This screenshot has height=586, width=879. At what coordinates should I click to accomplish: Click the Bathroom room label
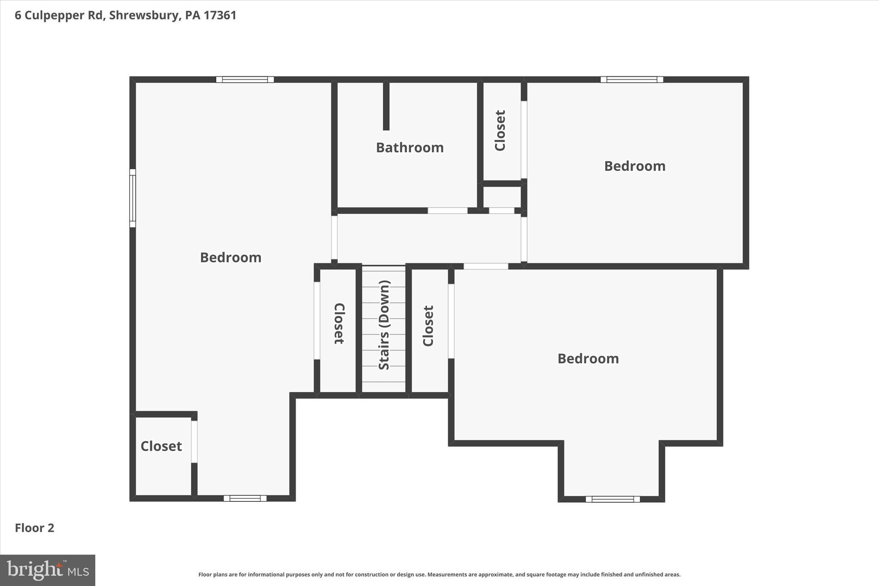[x=409, y=148]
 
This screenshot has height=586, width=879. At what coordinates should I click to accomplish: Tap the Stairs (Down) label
[x=384, y=325]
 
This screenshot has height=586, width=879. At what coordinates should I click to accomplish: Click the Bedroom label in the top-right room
[x=634, y=166]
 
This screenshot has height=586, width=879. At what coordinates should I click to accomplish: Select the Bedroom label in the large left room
[x=230, y=258]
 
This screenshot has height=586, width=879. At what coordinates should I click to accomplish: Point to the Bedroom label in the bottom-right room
[x=588, y=359]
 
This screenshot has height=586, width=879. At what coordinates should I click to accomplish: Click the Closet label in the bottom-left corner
[x=161, y=446]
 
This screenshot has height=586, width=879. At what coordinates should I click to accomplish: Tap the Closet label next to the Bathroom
[x=500, y=131]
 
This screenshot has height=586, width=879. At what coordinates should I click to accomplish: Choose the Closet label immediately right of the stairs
[x=428, y=326]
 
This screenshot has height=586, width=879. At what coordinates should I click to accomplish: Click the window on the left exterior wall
[x=133, y=198]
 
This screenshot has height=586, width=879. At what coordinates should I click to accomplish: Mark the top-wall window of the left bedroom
[x=245, y=79]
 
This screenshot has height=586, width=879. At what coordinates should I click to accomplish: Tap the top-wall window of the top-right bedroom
[x=631, y=79]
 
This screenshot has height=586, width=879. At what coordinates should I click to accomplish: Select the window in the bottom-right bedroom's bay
[x=612, y=499]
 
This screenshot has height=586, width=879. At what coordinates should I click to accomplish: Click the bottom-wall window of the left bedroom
[x=245, y=498]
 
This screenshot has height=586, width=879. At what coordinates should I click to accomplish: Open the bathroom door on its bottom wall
[x=447, y=210]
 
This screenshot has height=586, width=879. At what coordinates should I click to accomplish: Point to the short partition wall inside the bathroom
[x=386, y=105]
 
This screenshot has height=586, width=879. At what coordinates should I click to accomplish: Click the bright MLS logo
[x=48, y=570]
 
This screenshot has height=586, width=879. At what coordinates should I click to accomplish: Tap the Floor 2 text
[x=34, y=528]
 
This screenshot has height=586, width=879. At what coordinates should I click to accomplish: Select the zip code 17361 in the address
[x=220, y=15]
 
